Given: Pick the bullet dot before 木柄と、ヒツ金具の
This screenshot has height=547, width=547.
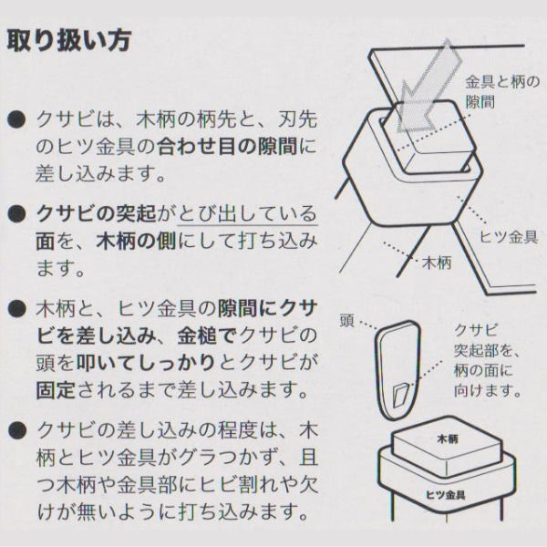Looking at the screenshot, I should (16, 307).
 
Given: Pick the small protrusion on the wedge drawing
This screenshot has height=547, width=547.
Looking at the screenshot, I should (398, 395).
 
